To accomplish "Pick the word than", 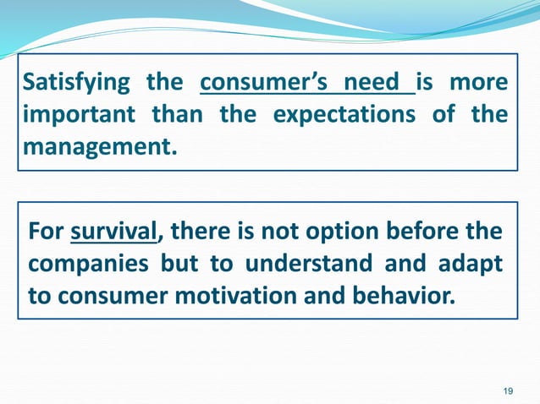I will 178,115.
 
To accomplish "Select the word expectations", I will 344,115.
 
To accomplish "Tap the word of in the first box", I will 444,115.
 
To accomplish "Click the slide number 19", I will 508,390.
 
